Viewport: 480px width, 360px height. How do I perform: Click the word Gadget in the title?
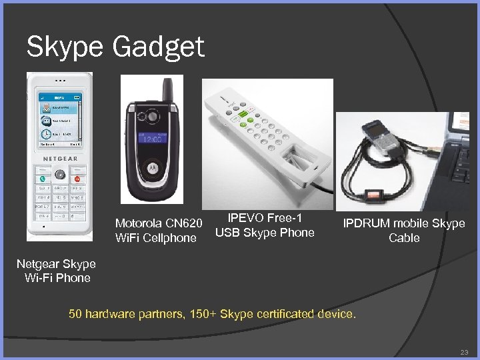[159, 48]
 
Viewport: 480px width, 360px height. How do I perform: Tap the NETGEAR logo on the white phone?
[61, 159]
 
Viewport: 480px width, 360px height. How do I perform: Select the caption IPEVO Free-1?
[265, 218]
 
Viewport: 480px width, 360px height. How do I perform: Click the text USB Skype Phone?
[265, 233]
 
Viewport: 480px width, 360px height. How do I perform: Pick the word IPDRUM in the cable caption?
[367, 223]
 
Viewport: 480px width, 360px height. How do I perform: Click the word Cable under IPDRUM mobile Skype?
[404, 238]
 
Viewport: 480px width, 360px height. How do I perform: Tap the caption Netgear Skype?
[56, 264]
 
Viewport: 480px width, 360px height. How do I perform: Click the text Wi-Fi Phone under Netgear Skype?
[57, 278]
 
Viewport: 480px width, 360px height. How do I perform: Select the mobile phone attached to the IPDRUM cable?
[383, 133]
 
